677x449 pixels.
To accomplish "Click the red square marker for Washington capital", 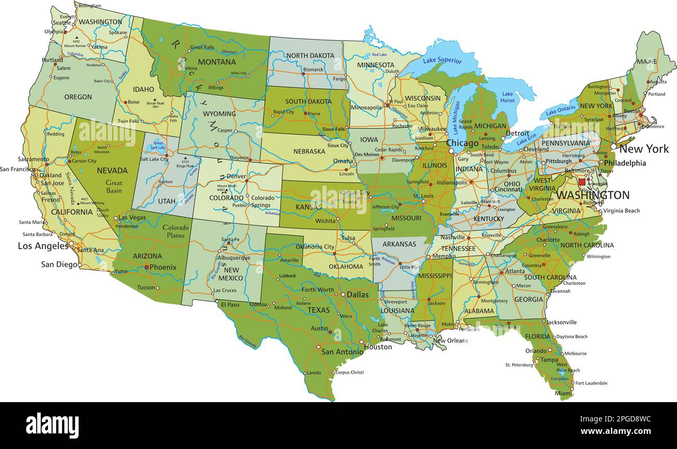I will point(582,182).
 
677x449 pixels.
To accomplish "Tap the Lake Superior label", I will point(442,60).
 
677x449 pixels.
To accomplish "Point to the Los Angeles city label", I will point(43,246).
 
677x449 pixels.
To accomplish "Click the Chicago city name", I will point(462,143).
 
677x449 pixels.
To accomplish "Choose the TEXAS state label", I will point(318,310).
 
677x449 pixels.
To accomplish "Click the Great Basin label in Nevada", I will point(114,186).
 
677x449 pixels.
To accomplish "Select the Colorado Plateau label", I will point(175,231).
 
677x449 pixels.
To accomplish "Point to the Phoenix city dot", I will point(146,267).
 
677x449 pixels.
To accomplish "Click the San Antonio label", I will point(342,352).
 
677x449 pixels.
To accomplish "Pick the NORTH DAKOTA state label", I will point(310,56).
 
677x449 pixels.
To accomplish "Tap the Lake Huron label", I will point(508,97).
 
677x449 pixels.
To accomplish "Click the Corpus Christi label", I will point(349,372).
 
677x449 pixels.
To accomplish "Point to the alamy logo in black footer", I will point(52,425).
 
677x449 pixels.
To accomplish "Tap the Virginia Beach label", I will point(621,211).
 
